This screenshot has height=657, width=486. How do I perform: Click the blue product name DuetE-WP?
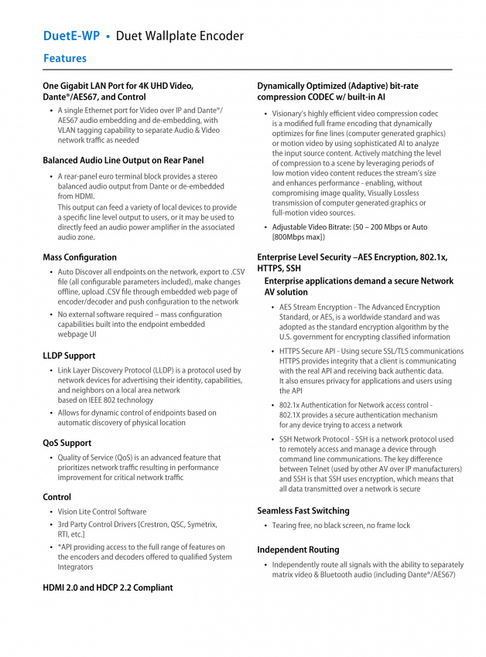point(71,36)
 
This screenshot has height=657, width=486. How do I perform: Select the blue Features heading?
point(65,59)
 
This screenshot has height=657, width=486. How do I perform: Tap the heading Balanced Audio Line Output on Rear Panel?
point(123,161)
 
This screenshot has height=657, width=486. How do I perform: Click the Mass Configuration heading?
point(80,257)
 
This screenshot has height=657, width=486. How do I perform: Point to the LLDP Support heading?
point(69,356)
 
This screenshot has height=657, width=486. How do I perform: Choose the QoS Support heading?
point(67,443)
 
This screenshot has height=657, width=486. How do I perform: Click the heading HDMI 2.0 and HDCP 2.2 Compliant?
point(108,587)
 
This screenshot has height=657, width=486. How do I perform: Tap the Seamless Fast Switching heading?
point(303,510)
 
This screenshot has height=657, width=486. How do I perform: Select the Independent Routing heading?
point(298,550)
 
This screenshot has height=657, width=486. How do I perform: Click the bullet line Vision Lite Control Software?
point(101,512)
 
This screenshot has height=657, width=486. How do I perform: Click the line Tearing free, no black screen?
point(325,526)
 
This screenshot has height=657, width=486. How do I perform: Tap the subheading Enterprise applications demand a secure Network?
point(358,281)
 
